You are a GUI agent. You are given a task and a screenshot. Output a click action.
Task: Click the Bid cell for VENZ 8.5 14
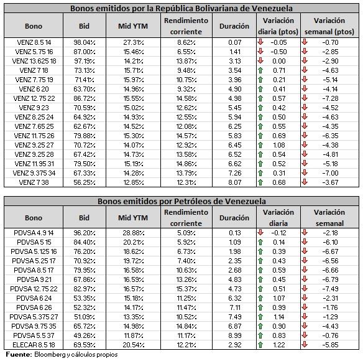click(85, 42)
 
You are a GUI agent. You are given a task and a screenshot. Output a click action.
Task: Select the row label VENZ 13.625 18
click(34, 61)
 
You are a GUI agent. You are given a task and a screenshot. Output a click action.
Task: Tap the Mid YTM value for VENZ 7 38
click(134, 182)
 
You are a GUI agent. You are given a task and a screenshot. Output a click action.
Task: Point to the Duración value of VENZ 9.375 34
click(235, 173)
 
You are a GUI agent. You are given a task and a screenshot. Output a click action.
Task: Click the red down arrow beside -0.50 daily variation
click(260, 51)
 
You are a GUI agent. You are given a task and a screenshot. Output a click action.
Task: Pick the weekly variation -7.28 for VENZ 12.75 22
click(330, 98)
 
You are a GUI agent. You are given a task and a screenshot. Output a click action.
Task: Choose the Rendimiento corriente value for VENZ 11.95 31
click(186, 164)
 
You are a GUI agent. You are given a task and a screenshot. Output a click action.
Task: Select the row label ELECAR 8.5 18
click(34, 345)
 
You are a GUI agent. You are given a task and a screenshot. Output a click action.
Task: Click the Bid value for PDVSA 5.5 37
click(85, 335)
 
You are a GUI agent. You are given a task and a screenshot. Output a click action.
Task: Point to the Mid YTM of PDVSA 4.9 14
click(134, 233)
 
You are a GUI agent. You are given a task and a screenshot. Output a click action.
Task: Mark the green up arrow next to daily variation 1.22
click(260, 345)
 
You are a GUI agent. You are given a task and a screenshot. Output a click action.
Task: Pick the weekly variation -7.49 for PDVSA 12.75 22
click(330, 289)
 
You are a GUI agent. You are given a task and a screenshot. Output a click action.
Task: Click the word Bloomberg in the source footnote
click(50, 355)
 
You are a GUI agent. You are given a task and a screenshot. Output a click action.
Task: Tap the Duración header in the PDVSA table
click(234, 218)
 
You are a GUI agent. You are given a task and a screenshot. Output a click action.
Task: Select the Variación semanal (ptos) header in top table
click(329, 26)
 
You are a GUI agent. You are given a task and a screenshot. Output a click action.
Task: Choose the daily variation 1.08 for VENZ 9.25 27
click(279, 145)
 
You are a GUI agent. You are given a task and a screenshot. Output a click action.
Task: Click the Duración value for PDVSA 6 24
click(235, 298)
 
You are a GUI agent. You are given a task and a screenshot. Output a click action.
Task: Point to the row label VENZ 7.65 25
click(34, 126)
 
